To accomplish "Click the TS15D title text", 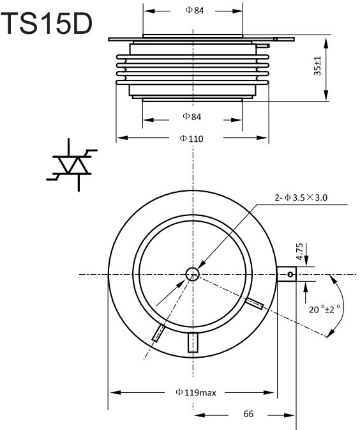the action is (47, 24).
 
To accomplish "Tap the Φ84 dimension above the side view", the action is (195, 10).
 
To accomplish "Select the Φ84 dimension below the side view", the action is (192, 116).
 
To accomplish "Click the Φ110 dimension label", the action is (191, 139).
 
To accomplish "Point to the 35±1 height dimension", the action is (317, 66).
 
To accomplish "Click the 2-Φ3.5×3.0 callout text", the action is (301, 197).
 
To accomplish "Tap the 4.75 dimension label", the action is (300, 252).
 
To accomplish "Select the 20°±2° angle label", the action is (325, 309).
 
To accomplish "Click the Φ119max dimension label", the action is (196, 392).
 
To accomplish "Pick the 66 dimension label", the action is (248, 414).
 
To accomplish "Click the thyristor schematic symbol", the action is (71, 165).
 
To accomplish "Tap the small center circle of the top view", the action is (193, 274).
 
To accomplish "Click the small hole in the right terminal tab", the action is (290, 274).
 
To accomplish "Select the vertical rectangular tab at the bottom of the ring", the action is (193, 342).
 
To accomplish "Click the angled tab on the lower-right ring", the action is (254, 303).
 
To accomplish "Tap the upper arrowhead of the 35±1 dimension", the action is (326, 43).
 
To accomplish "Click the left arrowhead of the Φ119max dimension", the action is (115, 392).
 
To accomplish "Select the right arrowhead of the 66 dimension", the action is (290, 415).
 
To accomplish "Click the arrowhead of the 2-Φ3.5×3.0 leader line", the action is (200, 265).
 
